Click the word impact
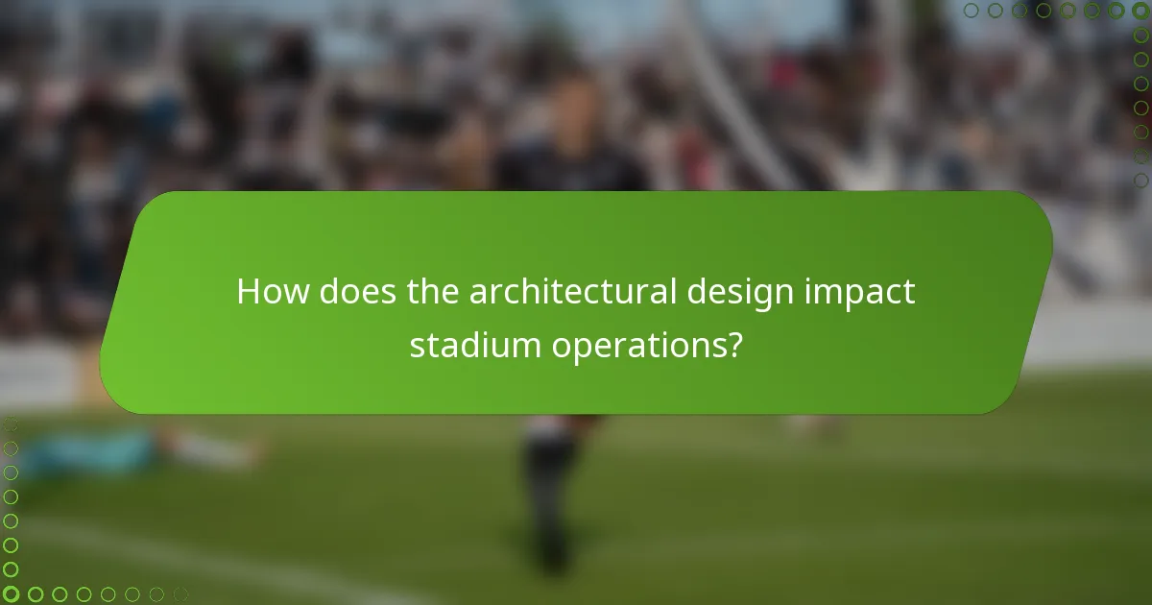tap(868, 292)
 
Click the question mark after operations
tap(734, 345)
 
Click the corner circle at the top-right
tap(1140, 11)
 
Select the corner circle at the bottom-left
tap(12, 594)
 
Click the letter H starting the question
tap(248, 292)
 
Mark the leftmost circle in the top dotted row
tap(972, 11)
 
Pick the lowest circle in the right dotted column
tap(1140, 180)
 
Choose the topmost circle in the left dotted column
tap(12, 425)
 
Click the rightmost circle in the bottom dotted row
tap(180, 594)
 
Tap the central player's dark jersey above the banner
tap(571, 168)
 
